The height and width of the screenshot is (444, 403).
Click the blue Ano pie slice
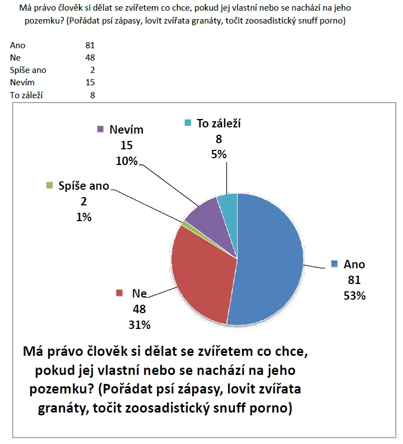click(x=269, y=258)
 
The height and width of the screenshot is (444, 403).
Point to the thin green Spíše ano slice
click(x=186, y=225)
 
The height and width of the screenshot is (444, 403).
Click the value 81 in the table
click(x=90, y=45)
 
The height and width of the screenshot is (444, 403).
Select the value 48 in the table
click(x=90, y=58)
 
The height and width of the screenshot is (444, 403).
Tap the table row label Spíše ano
click(x=28, y=70)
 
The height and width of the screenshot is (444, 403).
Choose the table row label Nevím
click(x=22, y=83)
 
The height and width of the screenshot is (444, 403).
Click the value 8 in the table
click(x=92, y=95)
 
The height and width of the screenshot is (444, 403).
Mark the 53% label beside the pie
click(x=354, y=295)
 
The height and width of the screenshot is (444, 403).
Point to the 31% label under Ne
click(x=139, y=324)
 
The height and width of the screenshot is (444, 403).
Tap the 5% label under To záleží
click(x=219, y=154)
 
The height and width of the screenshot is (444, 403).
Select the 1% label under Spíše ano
click(x=84, y=217)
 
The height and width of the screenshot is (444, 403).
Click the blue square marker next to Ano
click(x=335, y=264)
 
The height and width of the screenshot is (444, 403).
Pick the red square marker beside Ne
click(x=119, y=293)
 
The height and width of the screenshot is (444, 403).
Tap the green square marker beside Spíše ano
click(x=49, y=185)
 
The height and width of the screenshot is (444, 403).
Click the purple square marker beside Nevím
click(x=100, y=129)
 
